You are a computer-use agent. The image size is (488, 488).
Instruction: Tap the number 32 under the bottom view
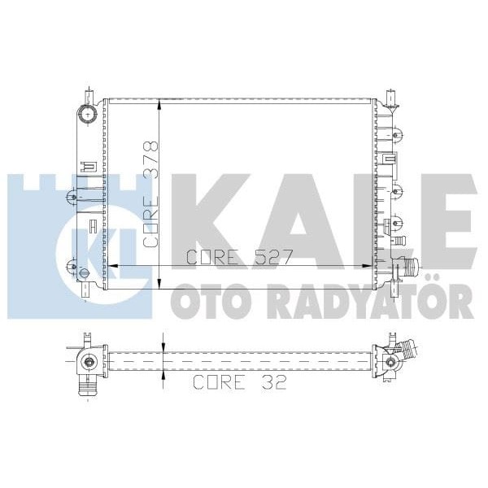pos(273,382)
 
